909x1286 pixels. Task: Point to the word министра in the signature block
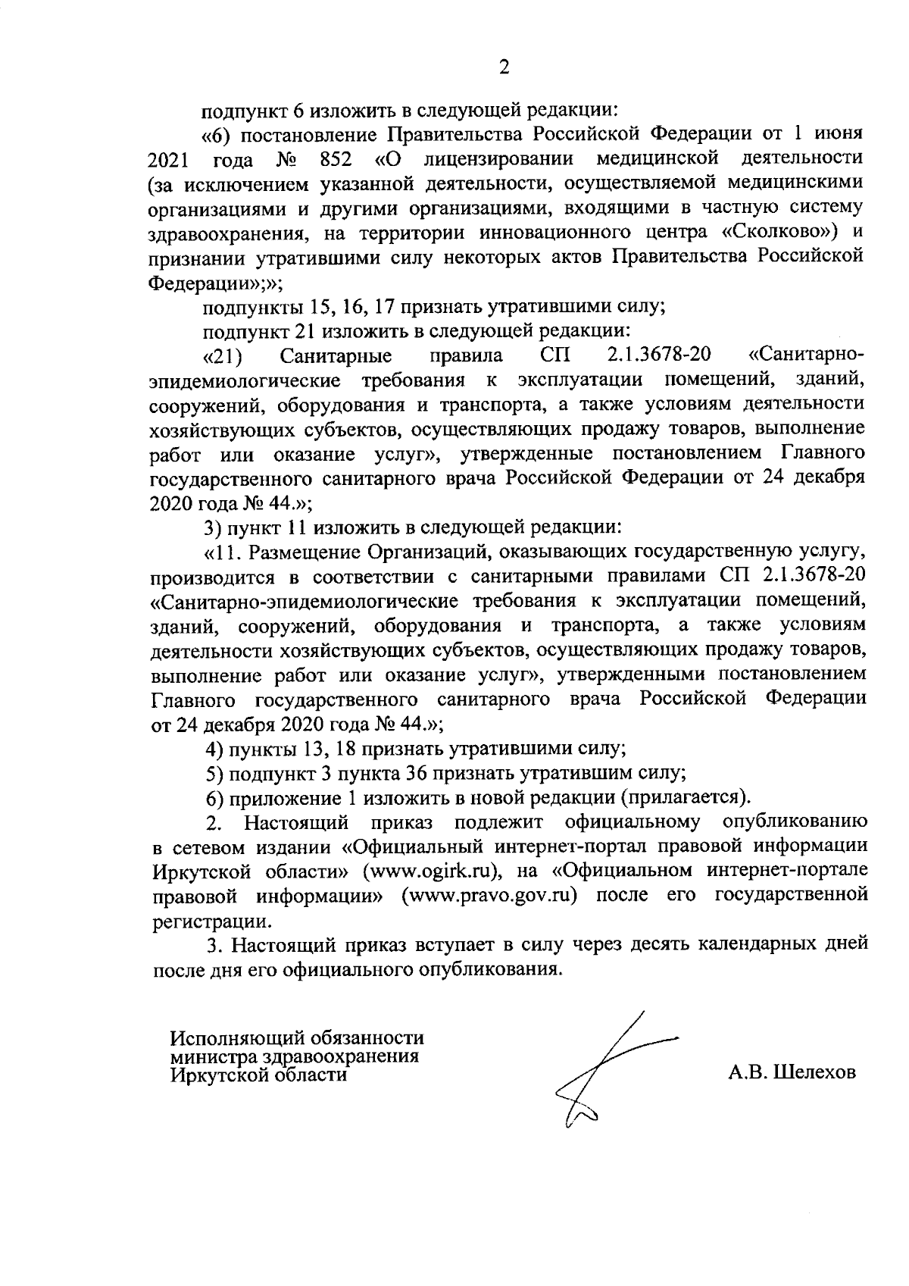(x=214, y=1056)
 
